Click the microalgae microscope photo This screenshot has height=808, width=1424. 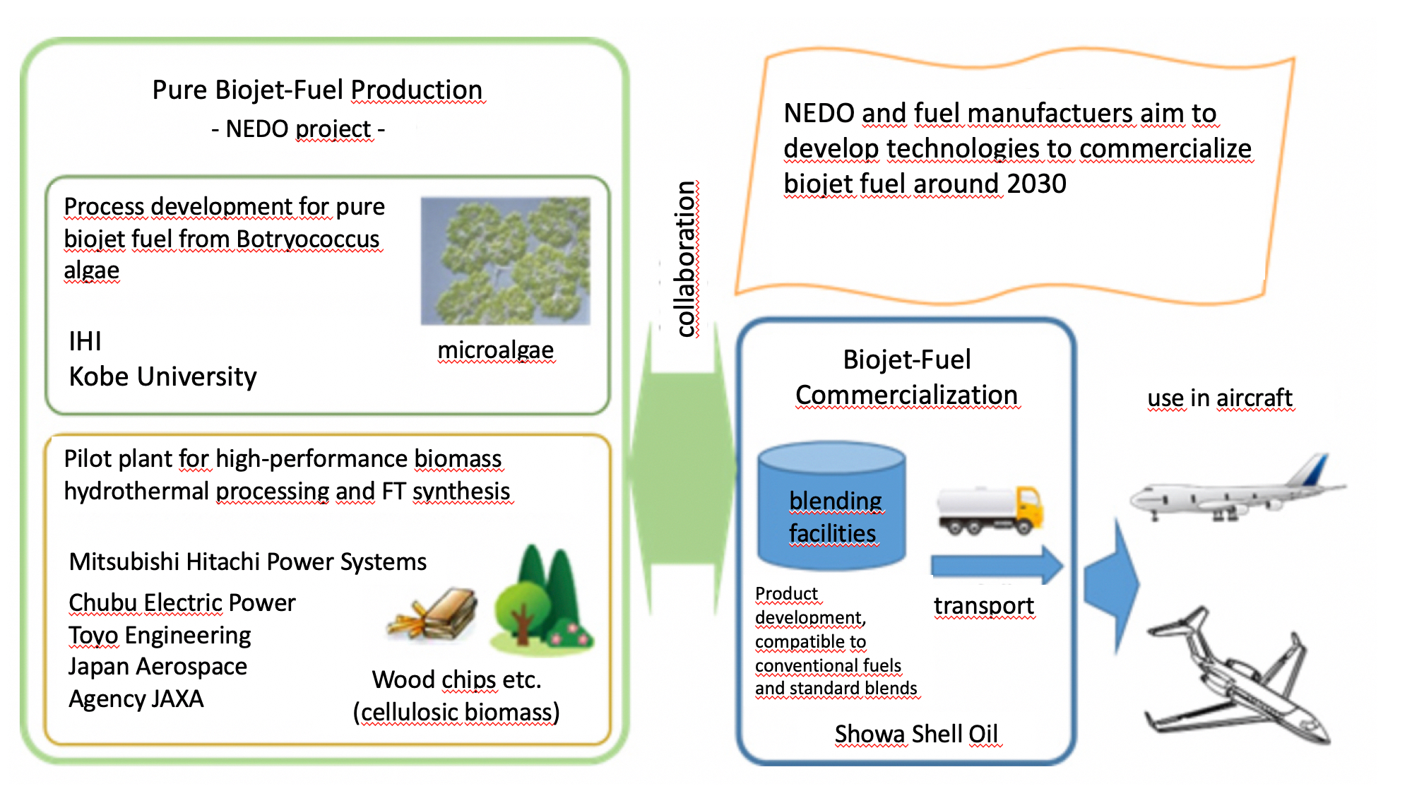tap(505, 261)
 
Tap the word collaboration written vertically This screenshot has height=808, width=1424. tap(685, 259)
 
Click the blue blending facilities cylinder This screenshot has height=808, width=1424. tap(831, 506)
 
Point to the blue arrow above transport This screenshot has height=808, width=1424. tap(996, 565)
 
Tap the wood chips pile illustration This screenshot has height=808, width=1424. tap(432, 614)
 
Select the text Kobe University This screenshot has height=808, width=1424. tap(162, 376)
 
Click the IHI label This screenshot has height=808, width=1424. tap(85, 341)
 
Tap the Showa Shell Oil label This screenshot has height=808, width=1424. tap(915, 734)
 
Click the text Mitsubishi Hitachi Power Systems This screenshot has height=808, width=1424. tap(247, 562)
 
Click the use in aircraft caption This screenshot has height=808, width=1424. tap(1219, 398)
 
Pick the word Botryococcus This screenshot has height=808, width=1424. tap(308, 239)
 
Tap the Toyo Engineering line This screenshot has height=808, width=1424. tap(160, 635)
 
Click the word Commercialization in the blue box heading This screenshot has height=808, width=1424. tap(906, 395)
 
